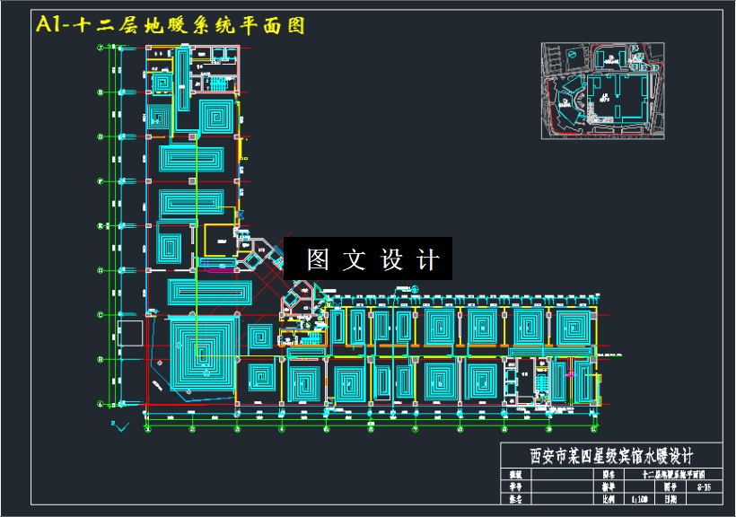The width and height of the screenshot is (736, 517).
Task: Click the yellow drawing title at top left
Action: coord(170,25)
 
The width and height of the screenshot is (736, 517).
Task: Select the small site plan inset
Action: coord(605,90)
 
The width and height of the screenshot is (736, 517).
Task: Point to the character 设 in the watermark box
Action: coord(392,259)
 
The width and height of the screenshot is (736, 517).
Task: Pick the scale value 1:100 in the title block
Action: coord(640,498)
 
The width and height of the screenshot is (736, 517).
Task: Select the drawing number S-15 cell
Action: coord(705,486)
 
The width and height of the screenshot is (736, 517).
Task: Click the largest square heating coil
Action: coord(202,350)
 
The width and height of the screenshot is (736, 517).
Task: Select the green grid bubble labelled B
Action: coord(100,360)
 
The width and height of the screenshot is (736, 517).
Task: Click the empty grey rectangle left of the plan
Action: coord(128,333)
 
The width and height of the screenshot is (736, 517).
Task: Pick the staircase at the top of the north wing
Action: coord(217,83)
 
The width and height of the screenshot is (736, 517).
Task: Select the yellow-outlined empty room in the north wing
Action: coord(218,240)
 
